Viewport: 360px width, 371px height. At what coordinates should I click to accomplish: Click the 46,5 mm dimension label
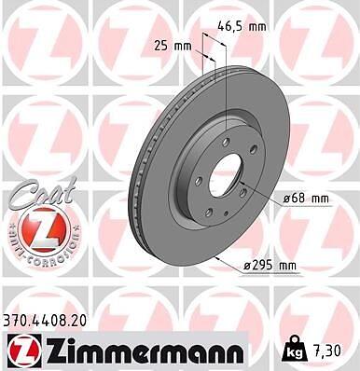pyautogui.click(x=242, y=26)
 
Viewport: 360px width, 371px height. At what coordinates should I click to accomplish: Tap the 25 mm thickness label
pyautogui.click(x=173, y=47)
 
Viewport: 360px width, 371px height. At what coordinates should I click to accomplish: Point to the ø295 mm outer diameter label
pyautogui.click(x=270, y=266)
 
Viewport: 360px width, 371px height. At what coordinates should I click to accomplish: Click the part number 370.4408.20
pyautogui.click(x=45, y=321)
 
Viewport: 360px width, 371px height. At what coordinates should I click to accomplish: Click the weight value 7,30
pyautogui.click(x=325, y=350)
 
